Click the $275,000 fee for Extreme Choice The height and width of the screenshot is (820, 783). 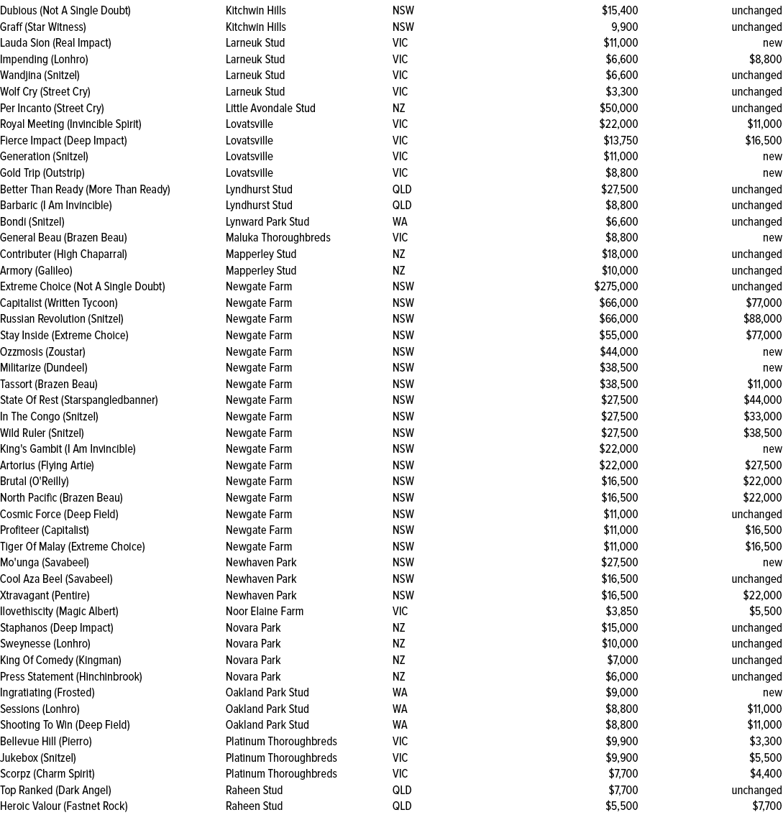pyautogui.click(x=616, y=286)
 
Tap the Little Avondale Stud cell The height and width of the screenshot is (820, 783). pyautogui.click(x=270, y=108)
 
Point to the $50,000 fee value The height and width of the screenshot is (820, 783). pyautogui.click(x=618, y=108)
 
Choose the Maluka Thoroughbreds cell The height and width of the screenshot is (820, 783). pyautogui.click(x=278, y=237)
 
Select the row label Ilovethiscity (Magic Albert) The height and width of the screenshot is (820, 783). pyautogui.click(x=59, y=611)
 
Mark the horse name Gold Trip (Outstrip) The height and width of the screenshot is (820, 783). pyautogui.click(x=42, y=172)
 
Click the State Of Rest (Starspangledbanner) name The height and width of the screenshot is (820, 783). pyautogui.click(x=78, y=400)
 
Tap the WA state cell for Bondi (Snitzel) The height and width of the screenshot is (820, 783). pyautogui.click(x=400, y=221)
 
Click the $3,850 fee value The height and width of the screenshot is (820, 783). pyautogui.click(x=621, y=611)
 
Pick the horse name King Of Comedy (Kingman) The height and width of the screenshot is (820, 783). pyautogui.click(x=60, y=660)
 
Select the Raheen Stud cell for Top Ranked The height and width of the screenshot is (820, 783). pyautogui.click(x=254, y=790)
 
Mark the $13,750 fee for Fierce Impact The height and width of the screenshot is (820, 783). pyautogui.click(x=619, y=140)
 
